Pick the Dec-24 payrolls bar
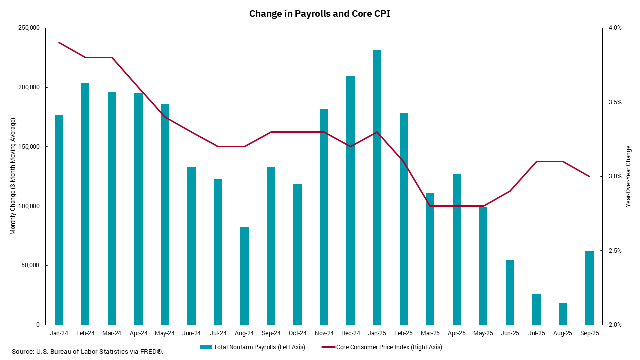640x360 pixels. (351, 200)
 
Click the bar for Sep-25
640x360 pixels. (589, 288)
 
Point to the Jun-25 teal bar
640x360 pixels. (510, 292)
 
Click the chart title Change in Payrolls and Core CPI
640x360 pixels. (320, 14)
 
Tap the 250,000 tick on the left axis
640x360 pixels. (29, 28)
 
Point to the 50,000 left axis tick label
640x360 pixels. (30, 265)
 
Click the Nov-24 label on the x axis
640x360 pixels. (324, 333)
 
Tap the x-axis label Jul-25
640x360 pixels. (536, 333)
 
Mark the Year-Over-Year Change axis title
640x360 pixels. (629, 176)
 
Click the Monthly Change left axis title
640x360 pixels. (13, 176)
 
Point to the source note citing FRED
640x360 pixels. (88, 352)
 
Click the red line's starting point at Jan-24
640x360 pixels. (59, 43)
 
